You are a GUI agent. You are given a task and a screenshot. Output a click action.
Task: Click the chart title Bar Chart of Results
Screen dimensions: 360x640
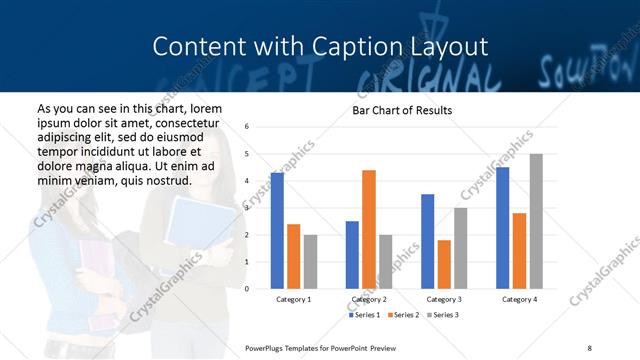[401, 110]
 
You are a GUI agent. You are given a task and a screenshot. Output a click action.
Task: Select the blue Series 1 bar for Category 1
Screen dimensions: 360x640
[277, 230]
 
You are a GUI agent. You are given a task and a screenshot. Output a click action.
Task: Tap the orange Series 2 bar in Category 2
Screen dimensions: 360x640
[369, 229]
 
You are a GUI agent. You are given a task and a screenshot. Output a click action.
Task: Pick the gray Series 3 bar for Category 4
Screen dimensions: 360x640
[536, 221]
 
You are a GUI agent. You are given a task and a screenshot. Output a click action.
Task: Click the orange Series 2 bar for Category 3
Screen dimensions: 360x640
[444, 264]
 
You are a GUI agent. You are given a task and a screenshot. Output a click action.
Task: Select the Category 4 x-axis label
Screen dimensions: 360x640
[519, 299]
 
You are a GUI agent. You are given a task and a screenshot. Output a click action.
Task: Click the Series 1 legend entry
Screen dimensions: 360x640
[364, 315]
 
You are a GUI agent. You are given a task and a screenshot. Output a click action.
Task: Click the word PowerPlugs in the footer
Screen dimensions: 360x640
[266, 346]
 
